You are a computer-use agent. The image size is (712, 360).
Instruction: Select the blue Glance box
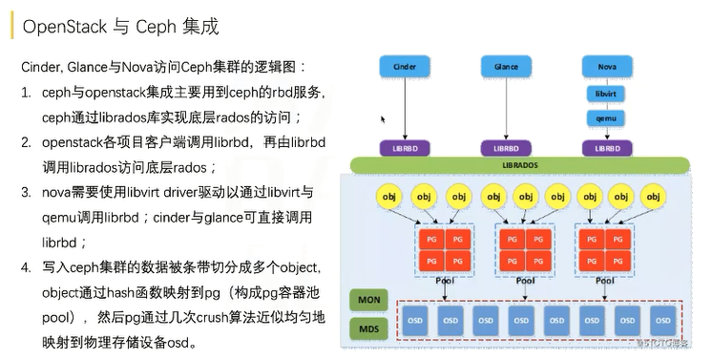point(507,68)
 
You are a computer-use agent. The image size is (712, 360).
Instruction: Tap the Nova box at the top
point(606,68)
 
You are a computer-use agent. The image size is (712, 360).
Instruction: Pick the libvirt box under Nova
point(606,94)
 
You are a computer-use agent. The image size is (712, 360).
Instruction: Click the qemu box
point(606,118)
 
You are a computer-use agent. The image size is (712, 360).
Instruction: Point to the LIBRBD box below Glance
point(507,148)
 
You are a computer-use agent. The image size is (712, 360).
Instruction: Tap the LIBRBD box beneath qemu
point(606,148)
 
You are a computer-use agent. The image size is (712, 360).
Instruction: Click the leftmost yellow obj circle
point(389,197)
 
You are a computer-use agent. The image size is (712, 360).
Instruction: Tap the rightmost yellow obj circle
point(656,197)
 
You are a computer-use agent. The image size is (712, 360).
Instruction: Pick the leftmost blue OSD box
point(415,321)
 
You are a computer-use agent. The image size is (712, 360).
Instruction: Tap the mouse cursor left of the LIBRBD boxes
point(383,120)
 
